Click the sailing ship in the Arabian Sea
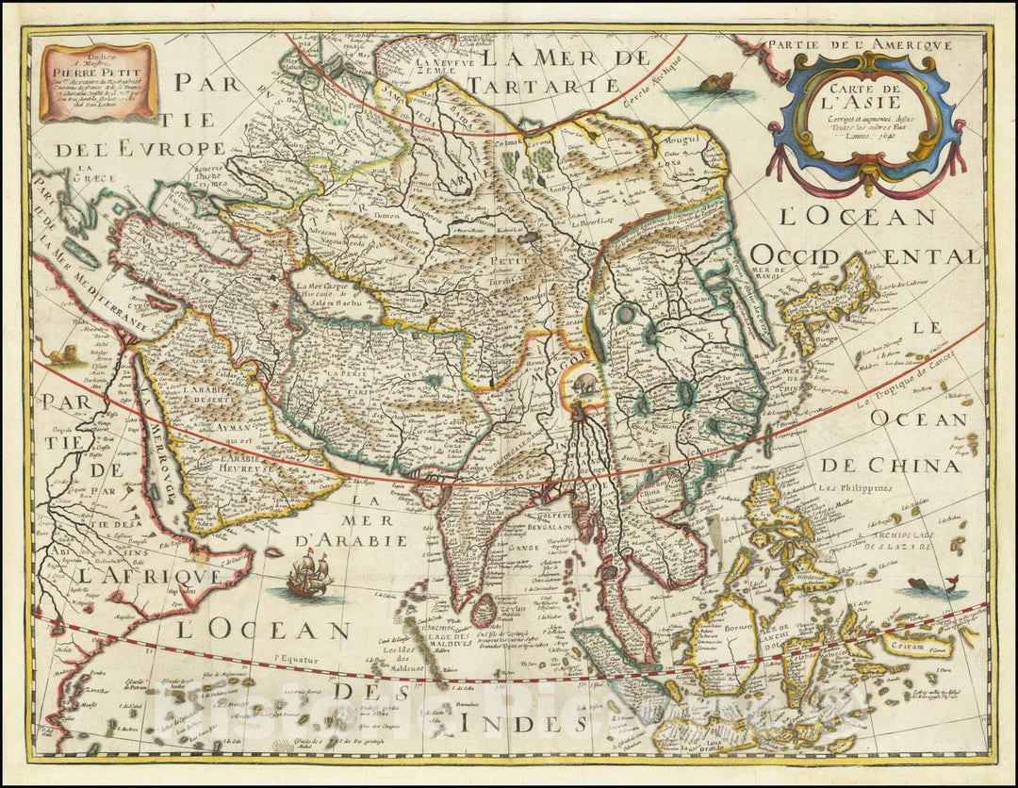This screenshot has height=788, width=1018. [309, 574]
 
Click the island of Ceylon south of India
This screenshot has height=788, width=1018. [483, 611]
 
